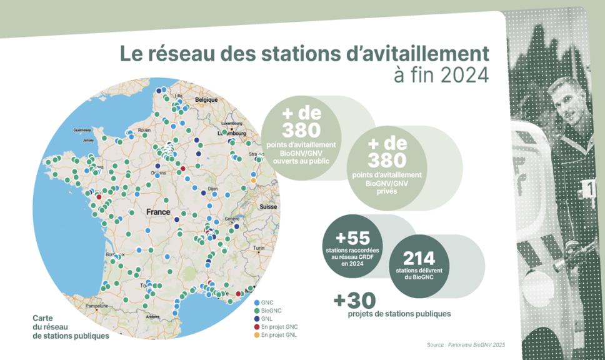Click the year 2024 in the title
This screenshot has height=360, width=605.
(x=464, y=75)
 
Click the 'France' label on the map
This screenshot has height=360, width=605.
(x=158, y=212)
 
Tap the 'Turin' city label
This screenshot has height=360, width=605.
(x=259, y=248)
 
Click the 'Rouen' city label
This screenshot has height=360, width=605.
(x=145, y=130)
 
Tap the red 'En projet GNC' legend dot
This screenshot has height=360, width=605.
(x=256, y=327)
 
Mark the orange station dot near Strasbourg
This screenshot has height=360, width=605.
(x=254, y=181)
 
